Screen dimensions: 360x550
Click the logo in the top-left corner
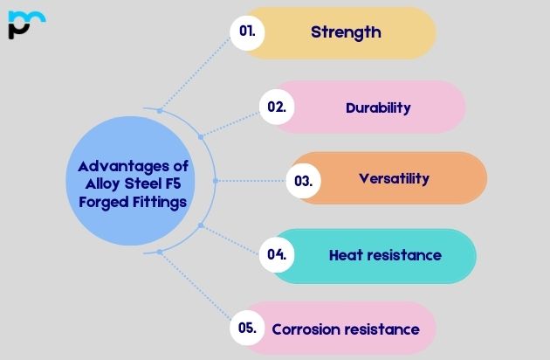[26, 24]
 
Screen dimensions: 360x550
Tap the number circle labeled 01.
[247, 32]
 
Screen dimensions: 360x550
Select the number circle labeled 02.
[277, 107]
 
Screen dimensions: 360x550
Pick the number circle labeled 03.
[303, 181]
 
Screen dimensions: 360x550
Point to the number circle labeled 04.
[277, 255]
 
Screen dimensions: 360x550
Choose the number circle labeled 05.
[247, 329]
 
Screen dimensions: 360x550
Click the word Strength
[346, 32]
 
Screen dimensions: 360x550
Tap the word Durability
[378, 107]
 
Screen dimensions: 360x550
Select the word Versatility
[394, 178]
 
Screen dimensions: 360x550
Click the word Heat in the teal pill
[344, 255]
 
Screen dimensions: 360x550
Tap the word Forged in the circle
[96, 202]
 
